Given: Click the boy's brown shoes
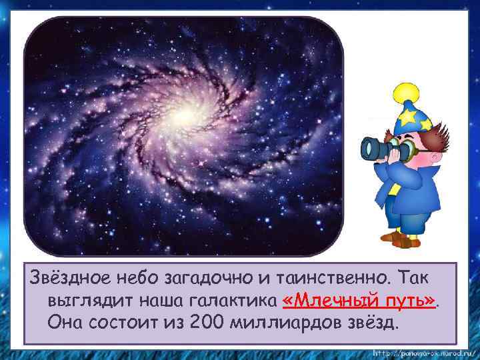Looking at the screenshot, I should [400, 241].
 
